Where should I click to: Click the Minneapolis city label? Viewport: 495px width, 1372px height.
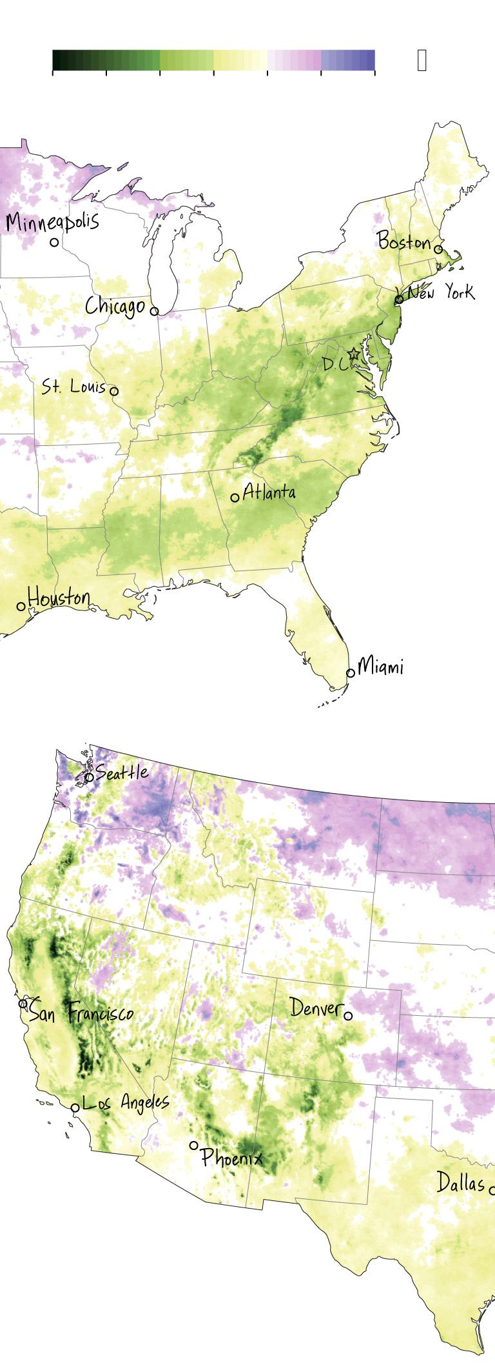pos(52,221)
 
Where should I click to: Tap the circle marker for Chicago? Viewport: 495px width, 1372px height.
pos(154,311)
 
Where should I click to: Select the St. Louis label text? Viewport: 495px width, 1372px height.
pos(73,387)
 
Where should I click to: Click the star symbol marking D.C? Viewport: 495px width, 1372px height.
pos(353,354)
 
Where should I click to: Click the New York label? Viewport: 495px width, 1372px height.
pos(441,293)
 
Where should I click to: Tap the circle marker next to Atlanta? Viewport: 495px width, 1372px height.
pos(235,498)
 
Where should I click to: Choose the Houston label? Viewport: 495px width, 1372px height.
pos(59,597)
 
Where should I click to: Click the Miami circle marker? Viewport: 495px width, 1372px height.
pos(351,672)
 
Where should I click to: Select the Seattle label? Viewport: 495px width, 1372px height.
pos(122,772)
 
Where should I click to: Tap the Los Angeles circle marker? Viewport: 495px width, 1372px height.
pos(75,1107)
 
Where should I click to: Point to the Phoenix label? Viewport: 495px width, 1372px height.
pos(231,1157)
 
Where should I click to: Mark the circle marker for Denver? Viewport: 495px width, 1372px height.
pos(348,1016)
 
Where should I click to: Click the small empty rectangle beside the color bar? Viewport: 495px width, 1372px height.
pos(422,60)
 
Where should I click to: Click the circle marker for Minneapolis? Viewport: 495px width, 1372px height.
pos(54,243)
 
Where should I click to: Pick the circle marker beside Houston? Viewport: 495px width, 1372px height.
pos(21,607)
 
